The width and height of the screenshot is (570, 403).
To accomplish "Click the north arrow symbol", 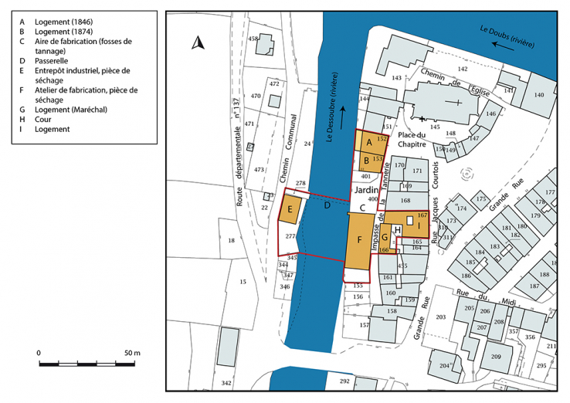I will point(198,43).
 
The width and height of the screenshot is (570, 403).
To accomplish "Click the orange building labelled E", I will point(290,209).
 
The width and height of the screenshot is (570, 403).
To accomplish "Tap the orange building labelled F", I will point(359,241).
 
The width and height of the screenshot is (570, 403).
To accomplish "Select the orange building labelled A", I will point(369,143).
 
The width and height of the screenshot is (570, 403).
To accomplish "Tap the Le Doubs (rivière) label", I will point(507,37).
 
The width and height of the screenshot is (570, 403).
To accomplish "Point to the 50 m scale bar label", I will point(131,353).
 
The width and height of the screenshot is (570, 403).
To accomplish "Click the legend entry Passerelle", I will point(55,60).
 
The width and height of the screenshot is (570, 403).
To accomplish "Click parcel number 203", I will point(442,317).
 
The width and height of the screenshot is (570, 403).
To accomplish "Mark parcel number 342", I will point(226,383).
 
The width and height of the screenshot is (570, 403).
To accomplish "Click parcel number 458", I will point(253,39).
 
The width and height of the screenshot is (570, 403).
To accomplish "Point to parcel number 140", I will point(539,95).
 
